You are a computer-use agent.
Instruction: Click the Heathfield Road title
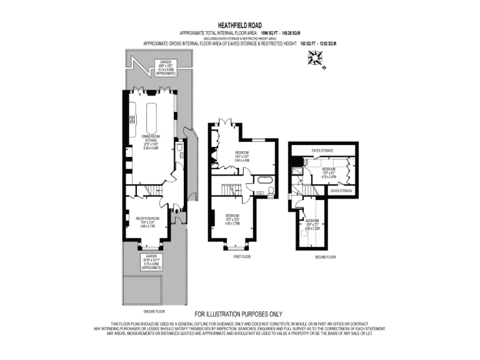(x=240, y=24)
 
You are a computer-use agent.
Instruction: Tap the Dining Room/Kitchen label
(x=150, y=141)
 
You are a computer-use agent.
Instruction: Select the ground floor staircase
(x=150, y=190)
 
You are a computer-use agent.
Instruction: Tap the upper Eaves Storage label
(x=322, y=151)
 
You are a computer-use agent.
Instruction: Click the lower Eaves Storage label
(x=341, y=190)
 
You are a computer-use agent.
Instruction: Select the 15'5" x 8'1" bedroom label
(x=329, y=172)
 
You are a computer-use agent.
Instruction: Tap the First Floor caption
(x=242, y=257)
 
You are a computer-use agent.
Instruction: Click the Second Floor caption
(x=325, y=257)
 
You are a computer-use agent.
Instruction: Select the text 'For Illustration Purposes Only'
(x=239, y=314)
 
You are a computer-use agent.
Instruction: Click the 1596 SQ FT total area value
(x=287, y=32)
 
